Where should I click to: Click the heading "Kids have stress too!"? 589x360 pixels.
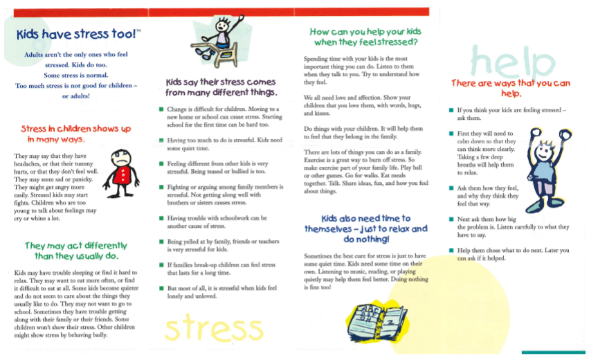tap(78, 33)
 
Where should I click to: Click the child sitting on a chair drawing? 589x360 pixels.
tap(219, 42)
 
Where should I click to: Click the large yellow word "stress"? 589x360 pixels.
tap(215, 328)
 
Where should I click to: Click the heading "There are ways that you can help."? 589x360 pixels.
tap(511, 88)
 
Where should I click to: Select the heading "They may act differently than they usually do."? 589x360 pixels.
tap(75, 251)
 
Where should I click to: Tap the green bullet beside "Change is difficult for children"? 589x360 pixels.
tap(161, 110)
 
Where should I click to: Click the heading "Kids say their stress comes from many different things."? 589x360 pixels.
tap(221, 87)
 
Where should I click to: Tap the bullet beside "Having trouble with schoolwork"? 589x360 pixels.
tap(161, 218)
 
